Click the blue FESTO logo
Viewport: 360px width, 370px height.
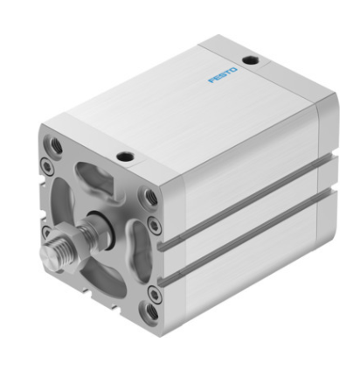coord(223,75)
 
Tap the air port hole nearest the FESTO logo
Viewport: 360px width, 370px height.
coord(250,60)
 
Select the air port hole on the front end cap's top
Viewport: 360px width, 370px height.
coord(125,157)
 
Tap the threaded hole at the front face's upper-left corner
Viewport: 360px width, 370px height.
coord(55,145)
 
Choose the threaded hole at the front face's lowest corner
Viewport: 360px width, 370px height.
coord(151,311)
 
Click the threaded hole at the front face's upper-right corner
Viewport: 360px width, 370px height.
coord(150,196)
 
